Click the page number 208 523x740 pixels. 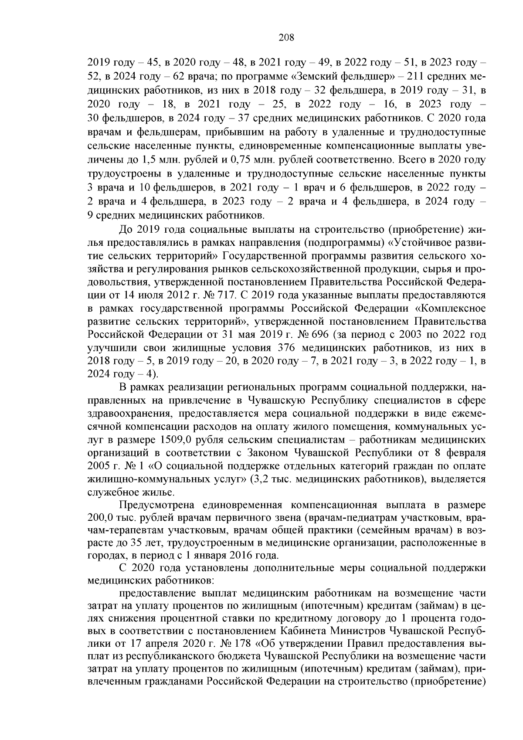(286, 37)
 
